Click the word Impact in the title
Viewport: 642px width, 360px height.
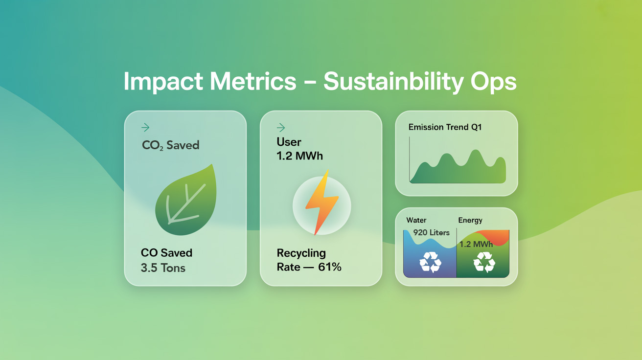click(163, 82)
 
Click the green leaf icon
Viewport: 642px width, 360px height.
click(186, 200)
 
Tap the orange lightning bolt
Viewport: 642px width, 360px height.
click(322, 202)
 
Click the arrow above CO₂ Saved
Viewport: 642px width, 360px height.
click(145, 128)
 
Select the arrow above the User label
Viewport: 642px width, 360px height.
click(281, 128)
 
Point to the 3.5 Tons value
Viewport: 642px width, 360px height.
click(163, 268)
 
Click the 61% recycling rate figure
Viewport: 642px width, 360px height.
click(330, 267)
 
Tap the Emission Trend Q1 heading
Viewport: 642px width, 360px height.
click(445, 127)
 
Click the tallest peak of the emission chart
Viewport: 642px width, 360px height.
click(476, 150)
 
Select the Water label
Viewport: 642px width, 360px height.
click(416, 220)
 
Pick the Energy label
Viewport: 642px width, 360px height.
click(470, 221)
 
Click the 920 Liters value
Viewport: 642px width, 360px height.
click(432, 232)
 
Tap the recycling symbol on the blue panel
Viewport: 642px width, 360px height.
click(430, 262)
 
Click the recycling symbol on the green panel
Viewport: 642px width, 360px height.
click(484, 262)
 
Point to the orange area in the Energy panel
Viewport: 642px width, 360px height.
click(497, 236)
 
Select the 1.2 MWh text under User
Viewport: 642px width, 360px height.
click(299, 156)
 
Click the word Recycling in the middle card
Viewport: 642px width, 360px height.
click(301, 253)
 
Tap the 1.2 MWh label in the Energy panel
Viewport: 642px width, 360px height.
click(476, 244)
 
